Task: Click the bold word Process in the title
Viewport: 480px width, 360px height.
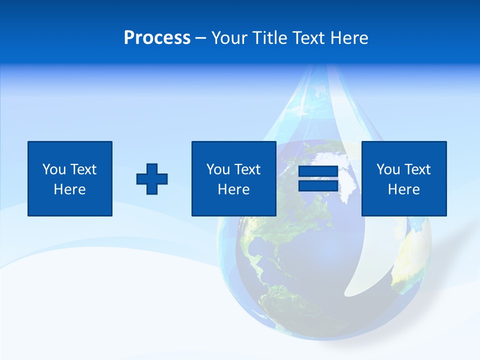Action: [x=157, y=38]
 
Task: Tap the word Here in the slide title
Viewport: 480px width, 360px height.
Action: [x=349, y=38]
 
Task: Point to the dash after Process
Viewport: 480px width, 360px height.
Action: [x=200, y=38]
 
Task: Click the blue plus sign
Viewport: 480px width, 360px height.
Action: [x=152, y=179]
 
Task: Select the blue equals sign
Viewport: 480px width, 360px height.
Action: [x=318, y=179]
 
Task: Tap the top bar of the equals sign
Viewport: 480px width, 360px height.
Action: [x=318, y=171]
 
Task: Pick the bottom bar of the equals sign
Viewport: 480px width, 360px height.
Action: [x=318, y=186]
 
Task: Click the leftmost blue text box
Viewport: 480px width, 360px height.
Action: [x=70, y=178]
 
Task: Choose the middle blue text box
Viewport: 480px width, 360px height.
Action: [x=233, y=178]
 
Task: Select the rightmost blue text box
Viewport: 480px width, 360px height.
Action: [x=404, y=178]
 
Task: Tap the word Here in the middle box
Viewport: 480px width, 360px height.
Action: [x=233, y=189]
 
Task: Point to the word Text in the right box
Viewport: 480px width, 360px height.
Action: [x=417, y=169]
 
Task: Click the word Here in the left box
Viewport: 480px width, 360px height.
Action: [x=70, y=189]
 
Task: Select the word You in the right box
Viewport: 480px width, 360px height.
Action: [x=388, y=169]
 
